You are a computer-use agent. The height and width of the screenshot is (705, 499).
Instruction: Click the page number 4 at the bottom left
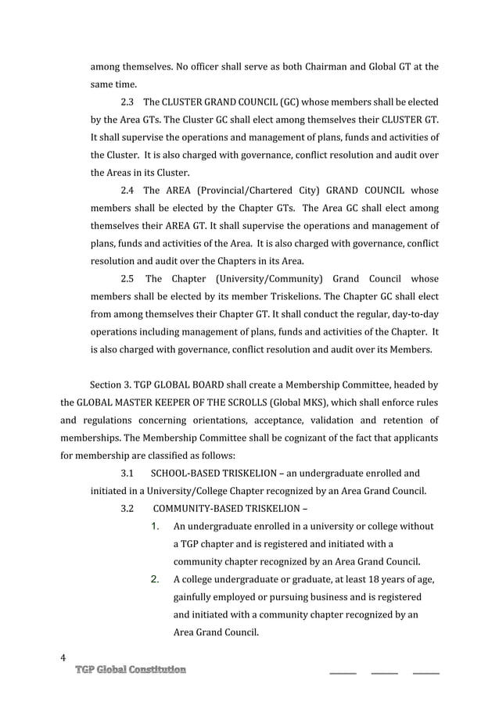tap(63, 657)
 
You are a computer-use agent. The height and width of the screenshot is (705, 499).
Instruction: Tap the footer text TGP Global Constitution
tap(131, 670)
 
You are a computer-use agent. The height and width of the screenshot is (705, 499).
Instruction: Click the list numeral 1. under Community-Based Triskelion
tap(155, 527)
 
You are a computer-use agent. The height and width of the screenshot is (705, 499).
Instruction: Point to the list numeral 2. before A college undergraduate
tap(155, 579)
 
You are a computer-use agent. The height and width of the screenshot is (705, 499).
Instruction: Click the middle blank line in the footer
tap(384, 672)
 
